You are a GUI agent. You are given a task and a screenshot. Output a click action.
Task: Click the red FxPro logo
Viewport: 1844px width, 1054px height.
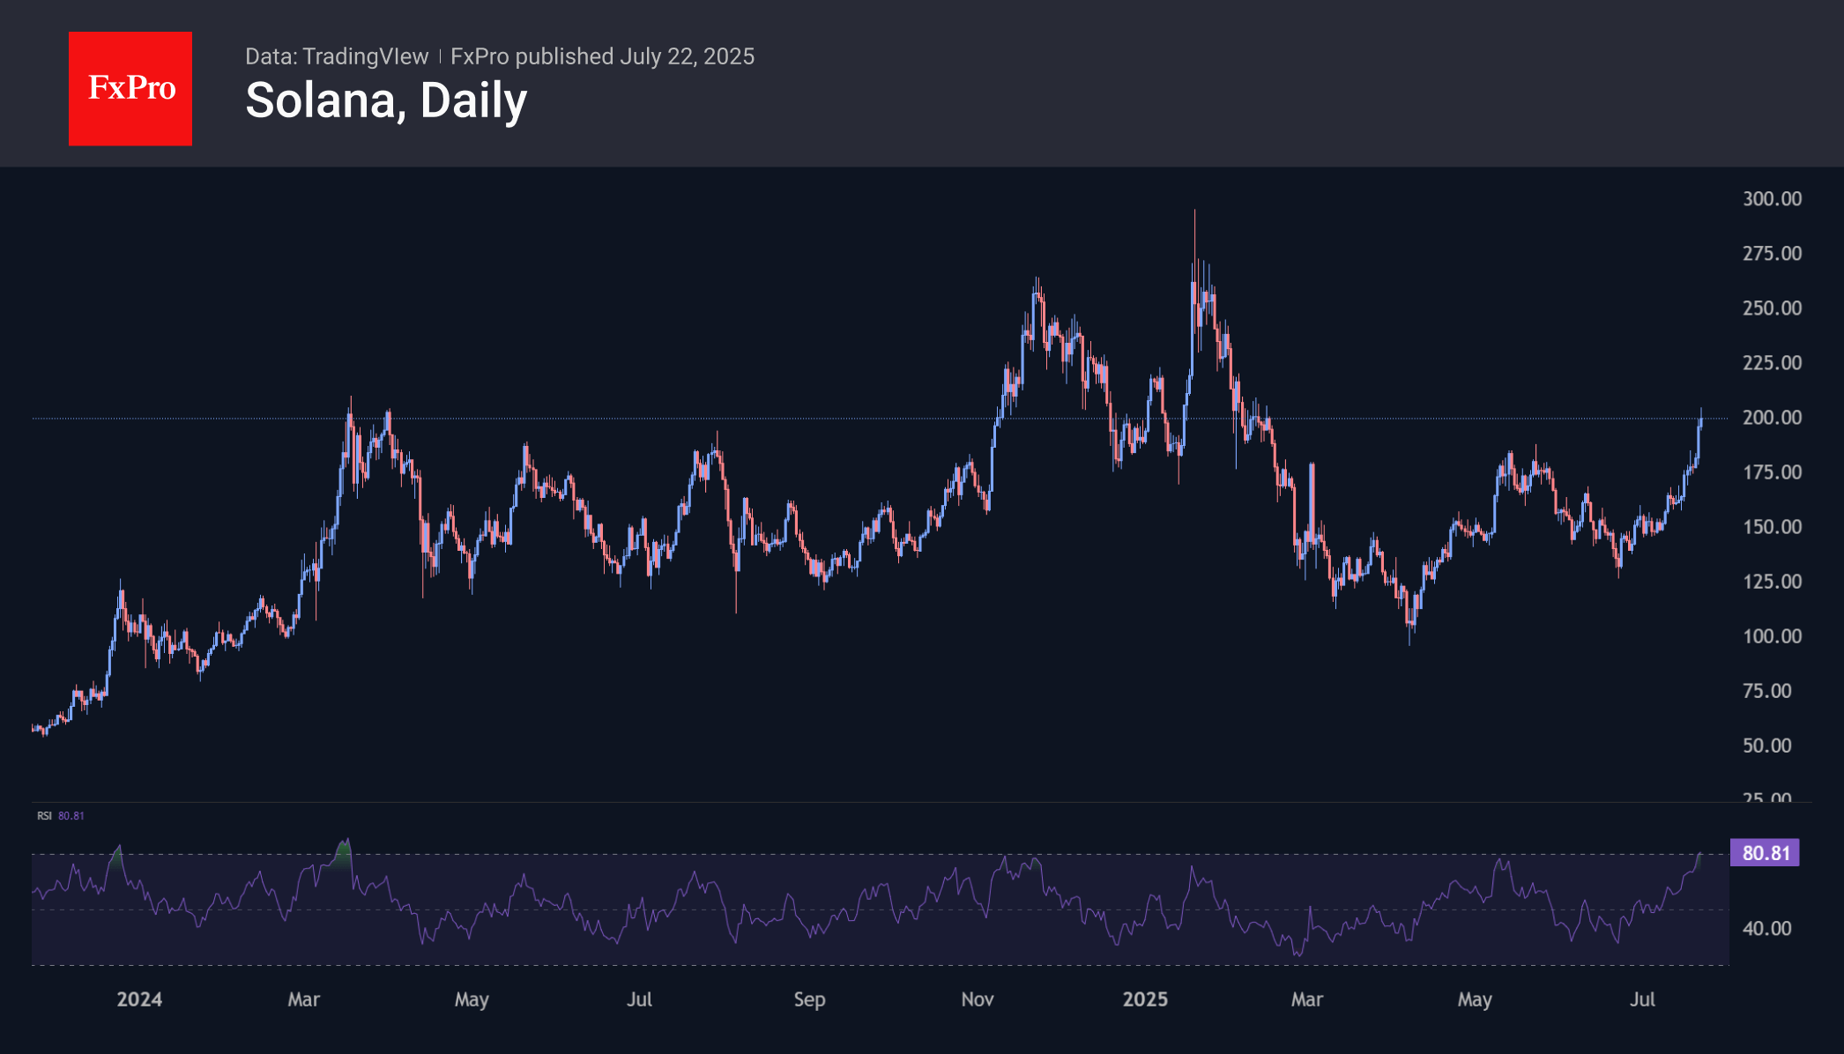pyautogui.click(x=130, y=89)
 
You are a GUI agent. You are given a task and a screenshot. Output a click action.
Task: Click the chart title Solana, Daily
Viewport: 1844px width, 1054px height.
pyautogui.click(x=386, y=101)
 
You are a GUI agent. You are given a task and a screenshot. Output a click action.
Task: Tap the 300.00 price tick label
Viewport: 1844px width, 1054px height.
pyautogui.click(x=1772, y=199)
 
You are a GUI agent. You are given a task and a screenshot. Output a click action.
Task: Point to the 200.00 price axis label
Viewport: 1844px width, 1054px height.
pyautogui.click(x=1772, y=418)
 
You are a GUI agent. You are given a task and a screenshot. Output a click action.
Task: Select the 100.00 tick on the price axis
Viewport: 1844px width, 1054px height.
pyautogui.click(x=1772, y=636)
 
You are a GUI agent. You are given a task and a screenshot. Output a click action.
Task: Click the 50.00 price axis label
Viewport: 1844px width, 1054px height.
pyautogui.click(x=1766, y=746)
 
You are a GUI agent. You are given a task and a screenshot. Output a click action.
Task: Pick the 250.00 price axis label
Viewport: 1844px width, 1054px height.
pyautogui.click(x=1772, y=308)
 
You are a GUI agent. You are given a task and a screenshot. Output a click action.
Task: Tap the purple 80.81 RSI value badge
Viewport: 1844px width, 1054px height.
pyautogui.click(x=1766, y=853)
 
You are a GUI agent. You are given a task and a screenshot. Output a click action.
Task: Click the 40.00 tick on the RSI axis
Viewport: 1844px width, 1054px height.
pyautogui.click(x=1766, y=929)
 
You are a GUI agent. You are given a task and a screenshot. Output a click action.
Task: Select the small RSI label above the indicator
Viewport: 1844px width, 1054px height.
pyautogui.click(x=44, y=816)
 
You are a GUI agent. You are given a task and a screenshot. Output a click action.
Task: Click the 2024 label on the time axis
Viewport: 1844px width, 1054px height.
pyautogui.click(x=139, y=999)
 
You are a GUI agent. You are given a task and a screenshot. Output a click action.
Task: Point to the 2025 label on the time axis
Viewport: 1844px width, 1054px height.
pyautogui.click(x=1145, y=999)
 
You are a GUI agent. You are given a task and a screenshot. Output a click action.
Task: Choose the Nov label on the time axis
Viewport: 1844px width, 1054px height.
pyautogui.click(x=977, y=999)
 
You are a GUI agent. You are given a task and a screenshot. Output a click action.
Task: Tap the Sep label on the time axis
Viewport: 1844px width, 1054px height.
pyautogui.click(x=809, y=999)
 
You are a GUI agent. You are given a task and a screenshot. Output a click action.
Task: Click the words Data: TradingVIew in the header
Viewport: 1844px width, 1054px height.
pyautogui.click(x=337, y=56)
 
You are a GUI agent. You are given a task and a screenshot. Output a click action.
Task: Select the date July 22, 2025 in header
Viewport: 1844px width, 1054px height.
pyautogui.click(x=687, y=56)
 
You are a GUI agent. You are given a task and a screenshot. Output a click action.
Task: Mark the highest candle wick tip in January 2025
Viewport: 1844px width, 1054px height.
pyautogui.click(x=1194, y=212)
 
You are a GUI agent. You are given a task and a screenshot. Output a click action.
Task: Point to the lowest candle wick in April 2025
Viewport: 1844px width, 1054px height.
pyautogui.click(x=1409, y=644)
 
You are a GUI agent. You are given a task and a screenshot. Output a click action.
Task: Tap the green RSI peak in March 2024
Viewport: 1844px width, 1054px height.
pyautogui.click(x=345, y=846)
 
